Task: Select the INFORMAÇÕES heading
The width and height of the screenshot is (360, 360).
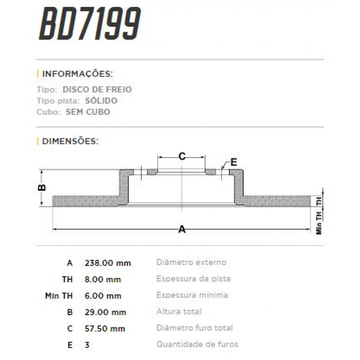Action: pyautogui.click(x=77, y=74)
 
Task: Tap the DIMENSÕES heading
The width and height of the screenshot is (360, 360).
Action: pyautogui.click(x=70, y=141)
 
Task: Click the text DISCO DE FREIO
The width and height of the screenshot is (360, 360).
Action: pyautogui.click(x=97, y=89)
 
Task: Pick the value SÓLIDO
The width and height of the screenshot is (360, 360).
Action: pyautogui.click(x=101, y=101)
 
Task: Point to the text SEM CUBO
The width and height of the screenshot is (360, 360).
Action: pyautogui.click(x=88, y=112)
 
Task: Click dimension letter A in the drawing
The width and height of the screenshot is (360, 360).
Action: pyautogui.click(x=182, y=229)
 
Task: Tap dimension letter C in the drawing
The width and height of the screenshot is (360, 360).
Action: pyautogui.click(x=182, y=156)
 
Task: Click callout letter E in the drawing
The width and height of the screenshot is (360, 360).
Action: pyautogui.click(x=234, y=162)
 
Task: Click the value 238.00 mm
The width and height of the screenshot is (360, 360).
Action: pyautogui.click(x=108, y=263)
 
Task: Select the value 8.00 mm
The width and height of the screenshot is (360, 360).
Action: pyautogui.click(x=103, y=280)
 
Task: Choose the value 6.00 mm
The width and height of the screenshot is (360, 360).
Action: pyautogui.click(x=103, y=296)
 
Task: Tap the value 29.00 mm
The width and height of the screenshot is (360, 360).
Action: pyautogui.click(x=105, y=312)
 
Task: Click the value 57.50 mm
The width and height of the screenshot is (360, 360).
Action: pyautogui.click(x=105, y=328)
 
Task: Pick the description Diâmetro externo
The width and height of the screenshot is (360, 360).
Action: pyautogui.click(x=191, y=262)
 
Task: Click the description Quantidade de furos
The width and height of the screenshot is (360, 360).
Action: pyautogui.click(x=197, y=344)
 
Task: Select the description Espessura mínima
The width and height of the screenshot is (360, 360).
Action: pyautogui.click(x=192, y=295)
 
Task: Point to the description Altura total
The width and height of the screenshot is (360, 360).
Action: pyautogui.click(x=179, y=311)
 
